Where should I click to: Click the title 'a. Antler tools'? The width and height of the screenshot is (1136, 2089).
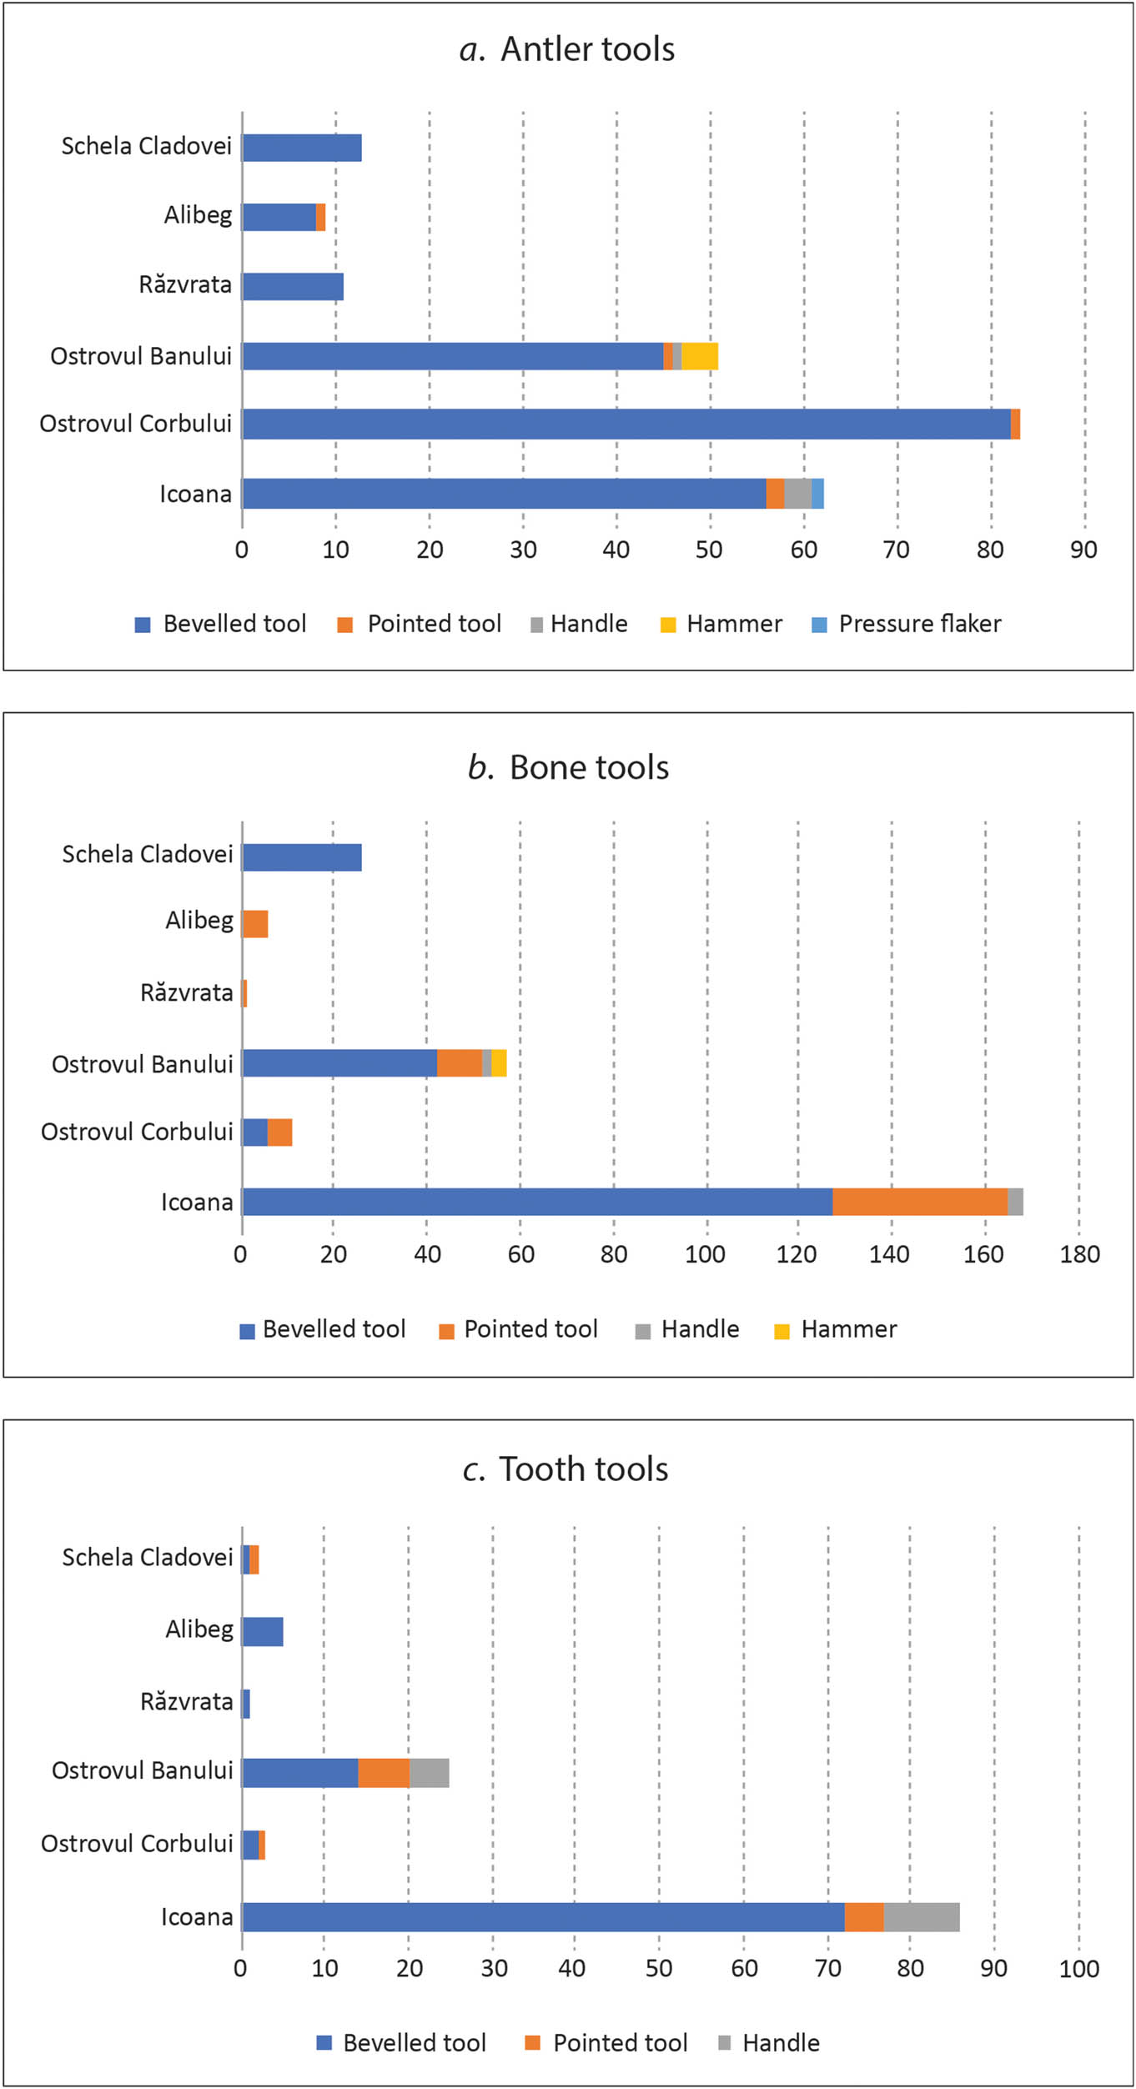(567, 49)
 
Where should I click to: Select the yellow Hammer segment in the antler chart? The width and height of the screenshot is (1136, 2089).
(700, 356)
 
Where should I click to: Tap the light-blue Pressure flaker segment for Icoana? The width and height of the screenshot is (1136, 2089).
(817, 494)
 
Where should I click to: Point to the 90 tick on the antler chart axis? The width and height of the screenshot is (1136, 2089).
(1083, 550)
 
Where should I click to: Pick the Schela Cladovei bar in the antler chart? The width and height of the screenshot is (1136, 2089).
(302, 148)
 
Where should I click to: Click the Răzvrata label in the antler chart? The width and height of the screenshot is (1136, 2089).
(185, 285)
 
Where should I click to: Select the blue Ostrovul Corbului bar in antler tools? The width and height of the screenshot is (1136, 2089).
(626, 424)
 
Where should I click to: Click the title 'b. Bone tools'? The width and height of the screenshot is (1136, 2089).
(568, 767)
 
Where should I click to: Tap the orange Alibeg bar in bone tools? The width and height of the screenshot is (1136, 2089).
(255, 924)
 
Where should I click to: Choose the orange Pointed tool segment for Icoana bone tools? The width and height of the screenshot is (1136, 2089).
(919, 1202)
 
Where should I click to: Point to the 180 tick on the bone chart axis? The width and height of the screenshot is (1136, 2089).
(1079, 1254)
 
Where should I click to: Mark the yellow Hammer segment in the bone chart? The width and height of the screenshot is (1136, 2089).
(499, 1063)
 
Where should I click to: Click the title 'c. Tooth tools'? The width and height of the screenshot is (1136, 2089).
(565, 1469)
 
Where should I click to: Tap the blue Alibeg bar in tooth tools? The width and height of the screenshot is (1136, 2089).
(263, 1631)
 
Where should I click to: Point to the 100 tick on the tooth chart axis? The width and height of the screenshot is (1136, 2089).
(1078, 1969)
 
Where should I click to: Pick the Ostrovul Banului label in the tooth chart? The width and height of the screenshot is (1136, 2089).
(143, 1770)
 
